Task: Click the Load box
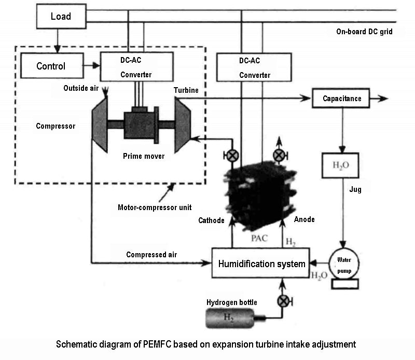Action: (61, 17)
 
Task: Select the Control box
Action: (51, 66)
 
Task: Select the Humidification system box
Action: (261, 264)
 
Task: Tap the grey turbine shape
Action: (183, 124)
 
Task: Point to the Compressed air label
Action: (151, 255)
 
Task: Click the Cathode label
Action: (211, 220)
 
